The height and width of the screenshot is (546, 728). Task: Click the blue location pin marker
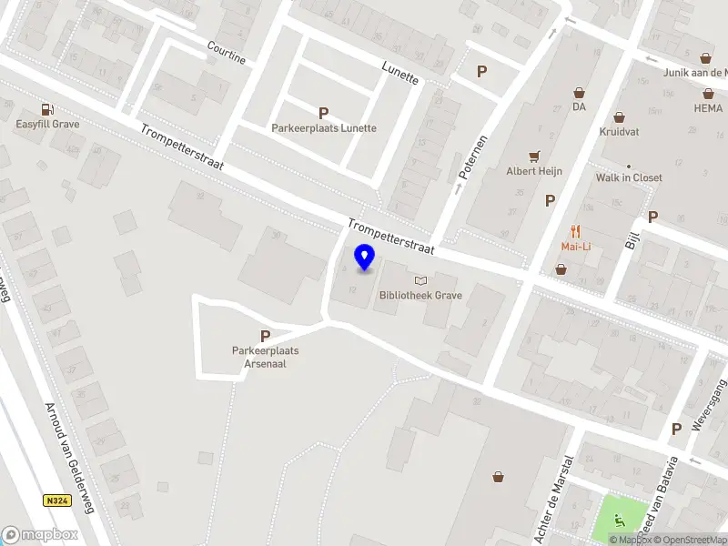tap(364, 258)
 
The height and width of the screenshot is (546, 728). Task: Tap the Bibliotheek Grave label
tap(420, 296)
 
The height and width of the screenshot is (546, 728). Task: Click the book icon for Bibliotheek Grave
tap(420, 281)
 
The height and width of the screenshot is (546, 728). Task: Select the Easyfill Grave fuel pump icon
tap(46, 110)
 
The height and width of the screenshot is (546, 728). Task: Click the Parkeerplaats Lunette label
tap(324, 128)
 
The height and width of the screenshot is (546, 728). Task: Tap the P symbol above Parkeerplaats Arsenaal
tap(265, 336)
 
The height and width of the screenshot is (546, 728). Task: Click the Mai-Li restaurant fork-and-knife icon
tap(575, 231)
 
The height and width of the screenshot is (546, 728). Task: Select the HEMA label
tap(707, 107)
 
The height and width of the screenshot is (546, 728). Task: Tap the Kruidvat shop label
tap(619, 132)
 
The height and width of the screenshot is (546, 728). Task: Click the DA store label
tap(579, 106)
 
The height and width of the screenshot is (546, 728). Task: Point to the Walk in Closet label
tap(629, 177)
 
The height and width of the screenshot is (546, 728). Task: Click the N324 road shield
tap(56, 500)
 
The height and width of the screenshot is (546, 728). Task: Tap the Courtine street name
tap(227, 53)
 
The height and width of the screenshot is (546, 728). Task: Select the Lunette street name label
tap(400, 74)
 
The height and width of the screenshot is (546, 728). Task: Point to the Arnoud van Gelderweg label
tap(70, 459)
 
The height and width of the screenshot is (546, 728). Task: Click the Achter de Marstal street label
tap(555, 499)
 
